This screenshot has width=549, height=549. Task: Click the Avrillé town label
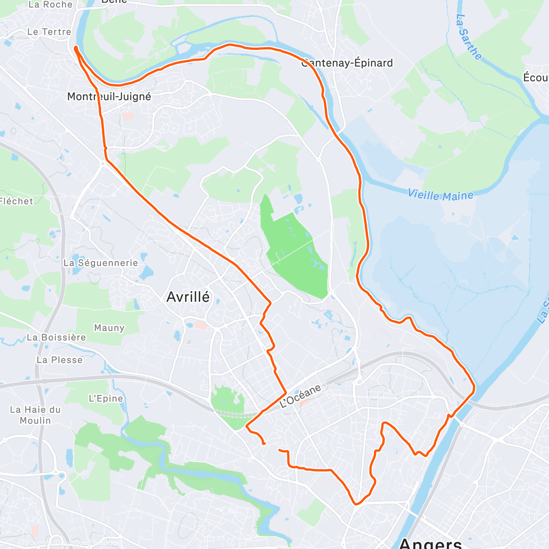coord(188,297)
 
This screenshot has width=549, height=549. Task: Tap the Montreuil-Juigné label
coord(109,97)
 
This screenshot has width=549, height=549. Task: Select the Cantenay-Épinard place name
coord(347,63)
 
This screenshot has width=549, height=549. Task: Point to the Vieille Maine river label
coord(440,195)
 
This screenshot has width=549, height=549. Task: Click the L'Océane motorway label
coord(300,396)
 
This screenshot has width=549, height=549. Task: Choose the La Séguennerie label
coord(101,263)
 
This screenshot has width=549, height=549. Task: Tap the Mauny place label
coord(109,328)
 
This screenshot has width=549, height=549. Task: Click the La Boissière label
coord(56,337)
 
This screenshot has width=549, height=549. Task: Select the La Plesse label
coord(59,360)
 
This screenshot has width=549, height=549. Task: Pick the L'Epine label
coord(106,398)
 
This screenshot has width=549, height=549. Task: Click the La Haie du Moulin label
coord(35,415)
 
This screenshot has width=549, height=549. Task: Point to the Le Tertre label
coord(49,32)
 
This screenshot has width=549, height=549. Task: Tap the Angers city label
coord(430,544)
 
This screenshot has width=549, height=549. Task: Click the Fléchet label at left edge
coord(16,201)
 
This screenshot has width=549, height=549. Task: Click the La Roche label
coord(50,5)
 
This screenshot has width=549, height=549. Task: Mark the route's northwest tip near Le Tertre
coord(75,48)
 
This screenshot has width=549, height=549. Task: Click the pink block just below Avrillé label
coord(200,325)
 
